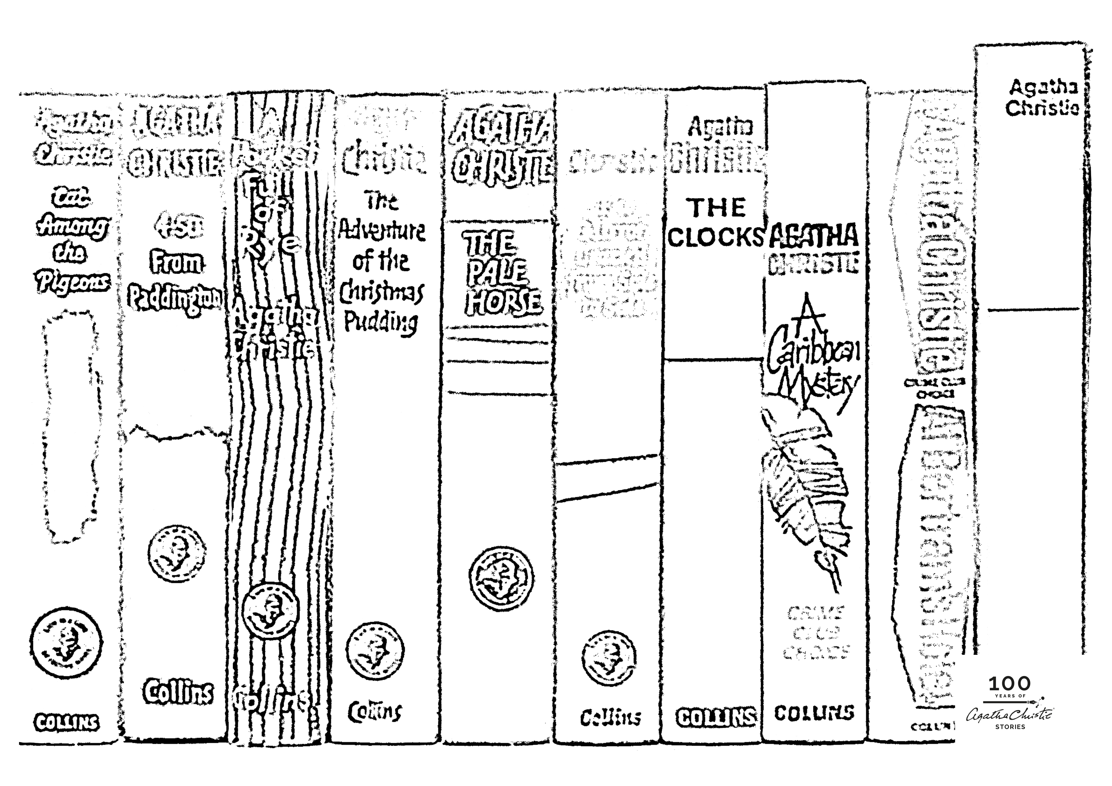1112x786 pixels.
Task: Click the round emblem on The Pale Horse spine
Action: (501, 577)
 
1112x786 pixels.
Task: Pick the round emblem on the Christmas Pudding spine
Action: (375, 650)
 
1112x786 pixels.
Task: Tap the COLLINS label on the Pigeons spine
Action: (66, 723)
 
